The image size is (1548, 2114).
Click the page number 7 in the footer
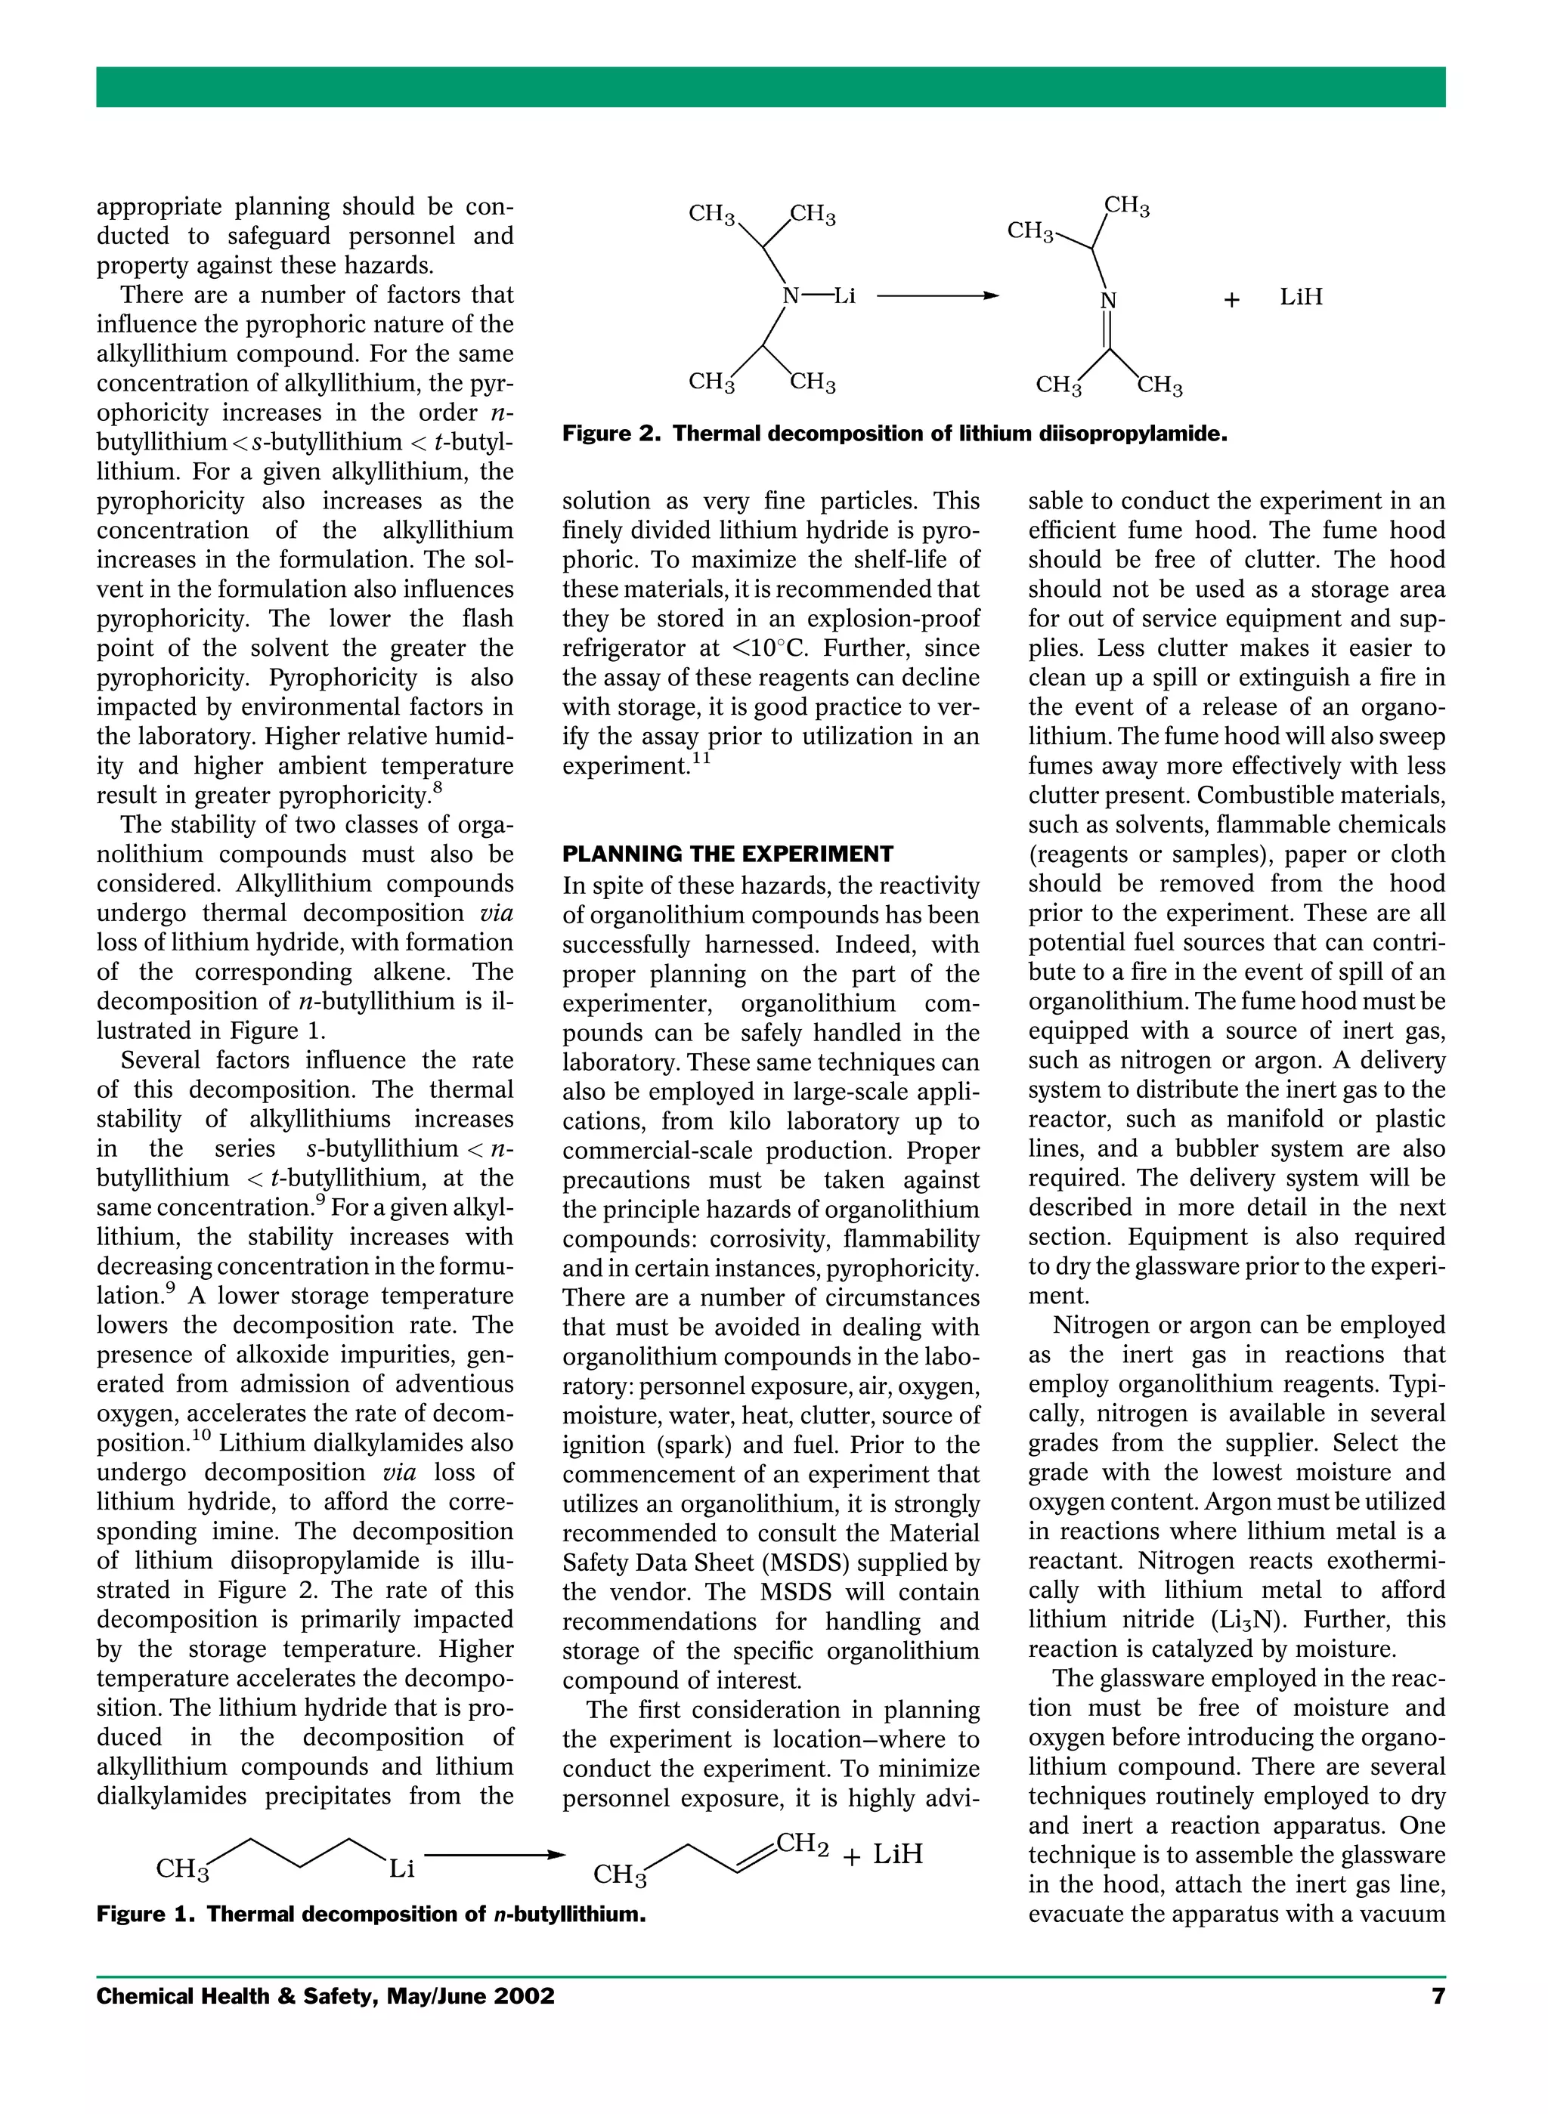[1438, 1996]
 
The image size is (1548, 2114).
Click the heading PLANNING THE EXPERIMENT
[727, 855]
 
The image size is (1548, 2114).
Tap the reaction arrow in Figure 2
[938, 297]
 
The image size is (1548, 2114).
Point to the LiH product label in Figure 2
[1302, 297]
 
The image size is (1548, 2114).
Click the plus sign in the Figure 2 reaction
[1231, 300]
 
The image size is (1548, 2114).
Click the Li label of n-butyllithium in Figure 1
[401, 1868]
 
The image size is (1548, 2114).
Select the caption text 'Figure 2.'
[611, 434]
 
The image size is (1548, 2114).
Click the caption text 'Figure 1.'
[144, 1914]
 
